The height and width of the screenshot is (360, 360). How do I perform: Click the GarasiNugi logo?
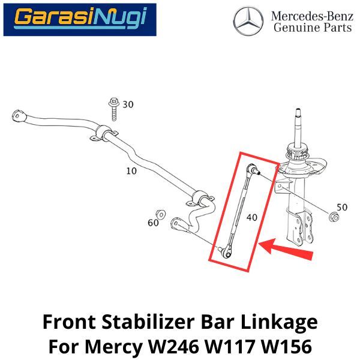80,20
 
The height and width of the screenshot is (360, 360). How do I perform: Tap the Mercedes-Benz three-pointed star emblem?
248,21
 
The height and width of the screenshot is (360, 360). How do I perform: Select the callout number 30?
128,104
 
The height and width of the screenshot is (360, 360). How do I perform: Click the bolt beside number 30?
113,109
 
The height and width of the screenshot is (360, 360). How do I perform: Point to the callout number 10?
131,171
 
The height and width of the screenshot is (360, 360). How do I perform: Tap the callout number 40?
252,217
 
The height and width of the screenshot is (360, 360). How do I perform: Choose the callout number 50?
342,207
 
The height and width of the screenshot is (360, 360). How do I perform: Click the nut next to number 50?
334,217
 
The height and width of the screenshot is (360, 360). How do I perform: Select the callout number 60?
153,223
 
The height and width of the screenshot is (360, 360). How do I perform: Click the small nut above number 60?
160,214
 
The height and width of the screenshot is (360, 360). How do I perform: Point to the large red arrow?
286,249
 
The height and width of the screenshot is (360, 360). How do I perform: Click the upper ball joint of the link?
253,169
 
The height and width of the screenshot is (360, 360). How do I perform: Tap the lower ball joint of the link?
226,252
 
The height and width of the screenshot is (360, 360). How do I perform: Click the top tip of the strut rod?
298,109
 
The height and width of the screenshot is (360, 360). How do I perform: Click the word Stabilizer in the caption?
148,322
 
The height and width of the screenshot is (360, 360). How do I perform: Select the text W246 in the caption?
174,346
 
